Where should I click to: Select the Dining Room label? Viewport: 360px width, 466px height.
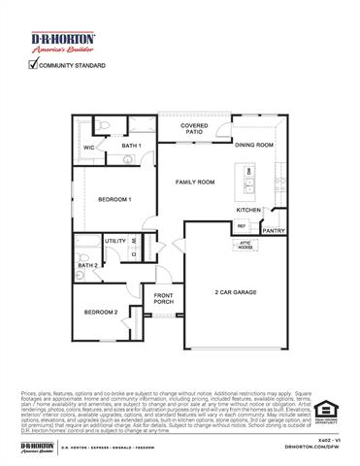click(253, 145)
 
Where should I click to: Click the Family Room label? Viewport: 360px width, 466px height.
click(194, 182)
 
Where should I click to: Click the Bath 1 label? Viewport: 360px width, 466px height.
click(132, 146)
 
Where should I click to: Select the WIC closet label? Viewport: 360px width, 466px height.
click(88, 149)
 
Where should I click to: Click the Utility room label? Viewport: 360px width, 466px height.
click(115, 240)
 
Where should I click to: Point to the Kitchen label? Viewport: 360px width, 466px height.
click(248, 210)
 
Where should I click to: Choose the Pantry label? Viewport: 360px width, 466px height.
click(274, 231)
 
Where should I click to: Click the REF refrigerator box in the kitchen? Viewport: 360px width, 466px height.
click(242, 226)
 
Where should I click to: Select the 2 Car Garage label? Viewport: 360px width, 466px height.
click(236, 291)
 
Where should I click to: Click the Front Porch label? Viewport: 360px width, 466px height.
click(162, 300)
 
